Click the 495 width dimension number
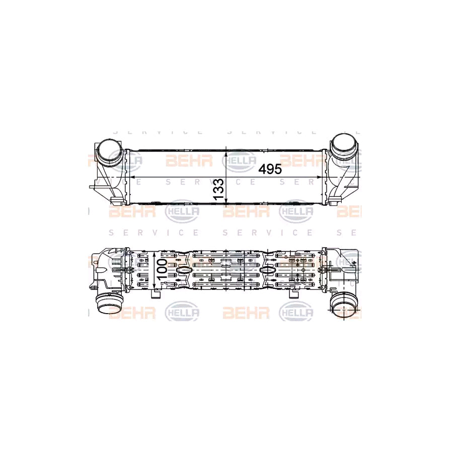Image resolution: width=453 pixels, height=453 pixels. click(270, 169)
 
